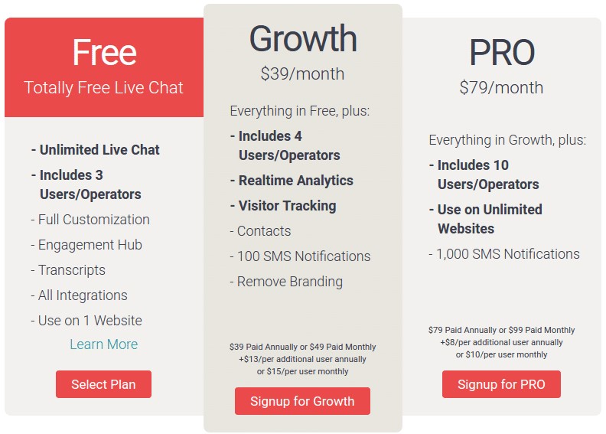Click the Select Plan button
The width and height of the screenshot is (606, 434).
(103, 384)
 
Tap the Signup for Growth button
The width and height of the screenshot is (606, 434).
(302, 401)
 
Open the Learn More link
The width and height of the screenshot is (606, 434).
(103, 344)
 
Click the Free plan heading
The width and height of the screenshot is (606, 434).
(104, 52)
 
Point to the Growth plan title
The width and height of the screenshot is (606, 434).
(303, 38)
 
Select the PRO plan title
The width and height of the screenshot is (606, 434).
(502, 52)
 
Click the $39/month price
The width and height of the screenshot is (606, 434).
(302, 73)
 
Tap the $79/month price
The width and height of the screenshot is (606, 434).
(501, 87)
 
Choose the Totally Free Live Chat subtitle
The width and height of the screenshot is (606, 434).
(103, 87)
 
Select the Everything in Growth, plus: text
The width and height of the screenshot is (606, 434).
(507, 140)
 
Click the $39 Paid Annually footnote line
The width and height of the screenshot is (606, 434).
(302, 347)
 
